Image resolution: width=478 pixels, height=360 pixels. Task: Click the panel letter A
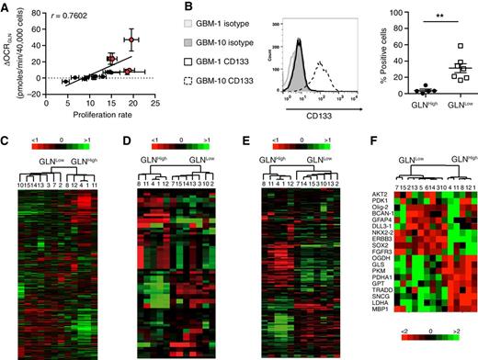tap(6, 7)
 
